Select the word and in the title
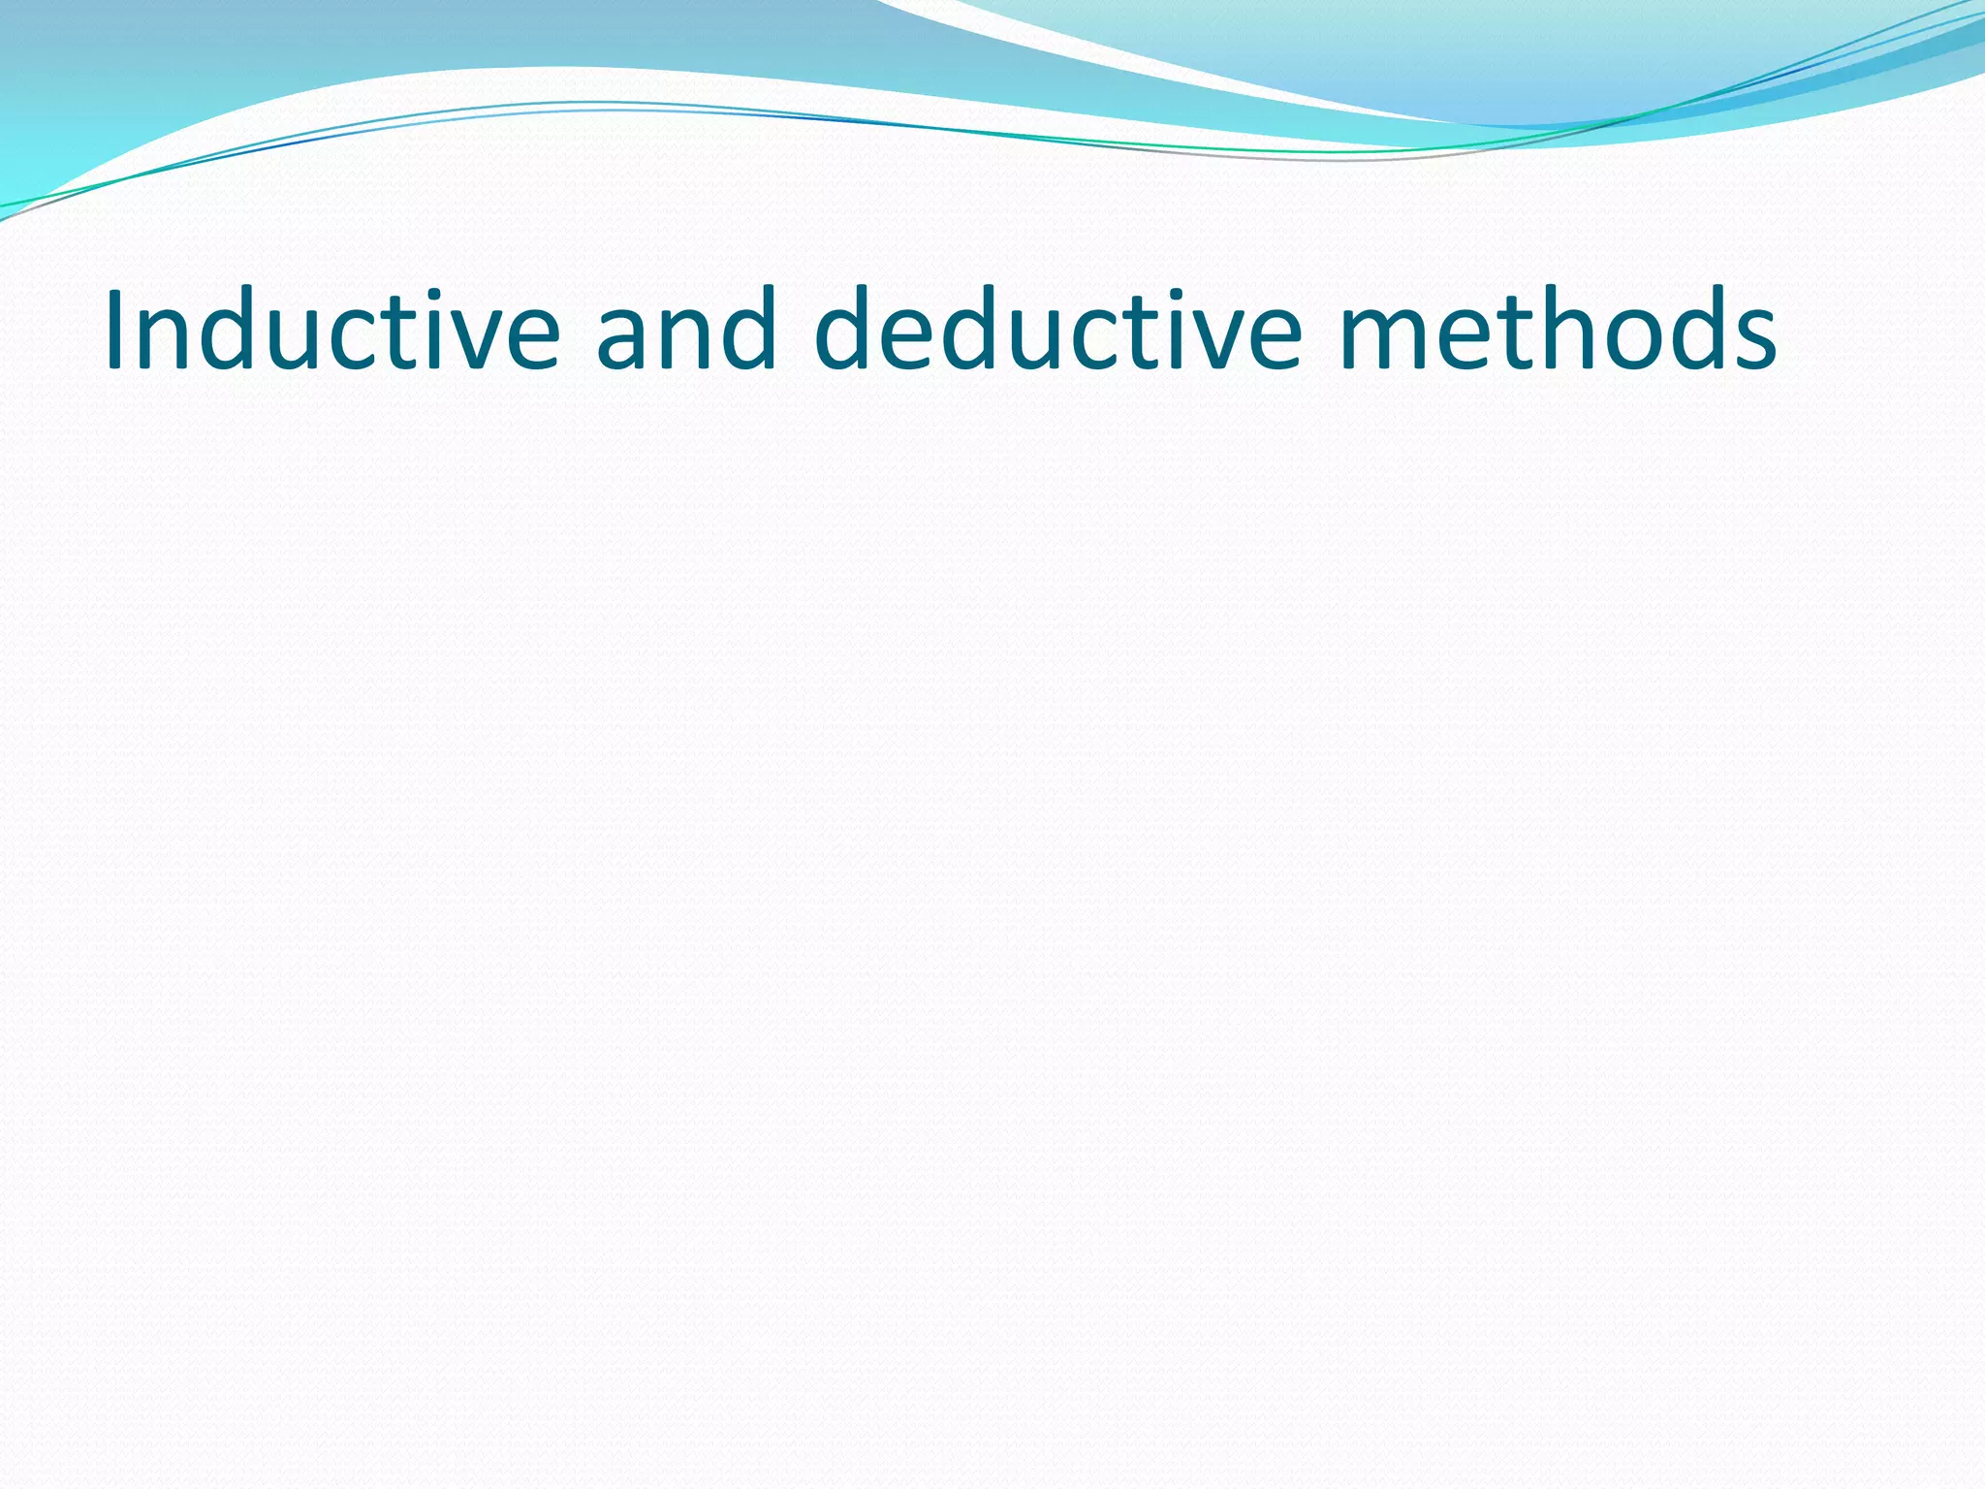click(x=686, y=330)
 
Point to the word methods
click(x=1558, y=330)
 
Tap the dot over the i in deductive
click(x=1160, y=294)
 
